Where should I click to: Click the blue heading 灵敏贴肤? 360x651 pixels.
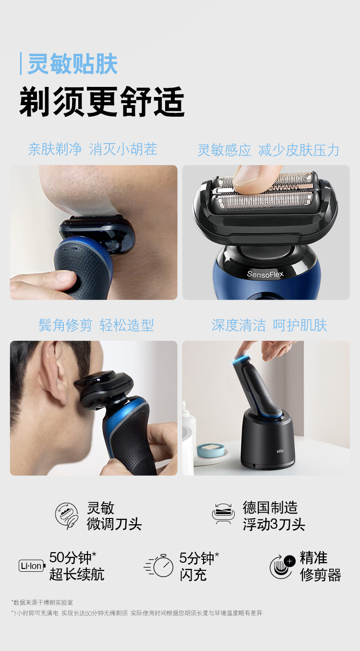click(x=72, y=64)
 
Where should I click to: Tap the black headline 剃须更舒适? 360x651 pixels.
click(x=102, y=102)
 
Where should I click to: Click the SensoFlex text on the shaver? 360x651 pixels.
click(x=265, y=274)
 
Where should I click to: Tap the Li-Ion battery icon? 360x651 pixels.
click(x=32, y=566)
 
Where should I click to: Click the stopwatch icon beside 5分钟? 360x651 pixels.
click(x=159, y=566)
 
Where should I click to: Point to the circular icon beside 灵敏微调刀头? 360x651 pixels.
click(x=67, y=516)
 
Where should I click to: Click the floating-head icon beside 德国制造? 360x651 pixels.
click(x=223, y=514)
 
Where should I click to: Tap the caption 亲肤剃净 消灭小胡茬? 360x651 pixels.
click(x=93, y=149)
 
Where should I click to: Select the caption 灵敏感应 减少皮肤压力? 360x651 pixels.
click(x=268, y=150)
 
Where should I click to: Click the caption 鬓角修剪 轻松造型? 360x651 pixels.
click(x=96, y=325)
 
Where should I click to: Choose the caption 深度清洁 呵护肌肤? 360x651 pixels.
click(x=269, y=325)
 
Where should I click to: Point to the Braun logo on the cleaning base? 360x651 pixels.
click(x=279, y=451)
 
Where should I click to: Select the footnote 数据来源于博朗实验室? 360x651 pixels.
click(x=42, y=603)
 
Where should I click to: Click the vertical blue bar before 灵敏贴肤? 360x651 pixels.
click(x=21, y=64)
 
